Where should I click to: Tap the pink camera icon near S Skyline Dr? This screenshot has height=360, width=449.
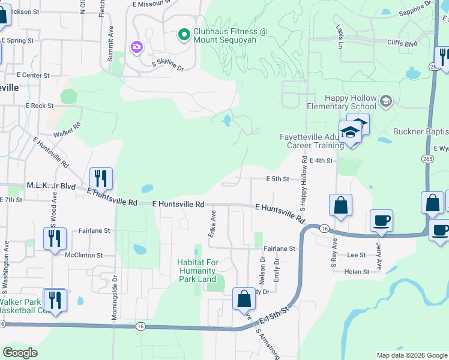pos(136,46)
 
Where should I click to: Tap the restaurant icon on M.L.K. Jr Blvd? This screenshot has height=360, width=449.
pos(100,178)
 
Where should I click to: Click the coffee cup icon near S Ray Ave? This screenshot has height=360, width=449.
pos(382,221)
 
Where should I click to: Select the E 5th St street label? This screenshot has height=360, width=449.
pos(278,179)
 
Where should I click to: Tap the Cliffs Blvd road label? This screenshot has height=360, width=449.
pos(403,44)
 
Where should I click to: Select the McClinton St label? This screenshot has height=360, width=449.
pos(84,254)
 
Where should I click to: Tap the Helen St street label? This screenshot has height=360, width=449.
pos(357,272)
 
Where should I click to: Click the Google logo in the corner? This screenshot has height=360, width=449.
pos(20,353)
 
